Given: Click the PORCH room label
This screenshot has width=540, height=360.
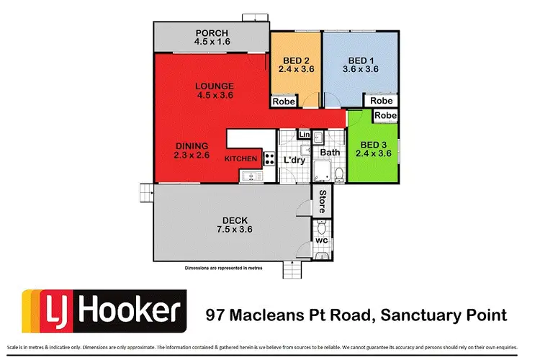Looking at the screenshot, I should (210, 33).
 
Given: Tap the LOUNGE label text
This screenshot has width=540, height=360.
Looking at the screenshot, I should (215, 87).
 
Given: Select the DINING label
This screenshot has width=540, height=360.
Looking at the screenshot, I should (192, 145).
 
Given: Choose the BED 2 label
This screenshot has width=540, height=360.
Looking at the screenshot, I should (295, 60).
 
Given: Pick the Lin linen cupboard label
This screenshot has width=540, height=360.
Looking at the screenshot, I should (304, 135).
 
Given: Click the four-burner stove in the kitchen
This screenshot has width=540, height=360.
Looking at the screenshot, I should (269, 158).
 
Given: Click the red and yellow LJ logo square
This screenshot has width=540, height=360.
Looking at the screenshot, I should (43, 311).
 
